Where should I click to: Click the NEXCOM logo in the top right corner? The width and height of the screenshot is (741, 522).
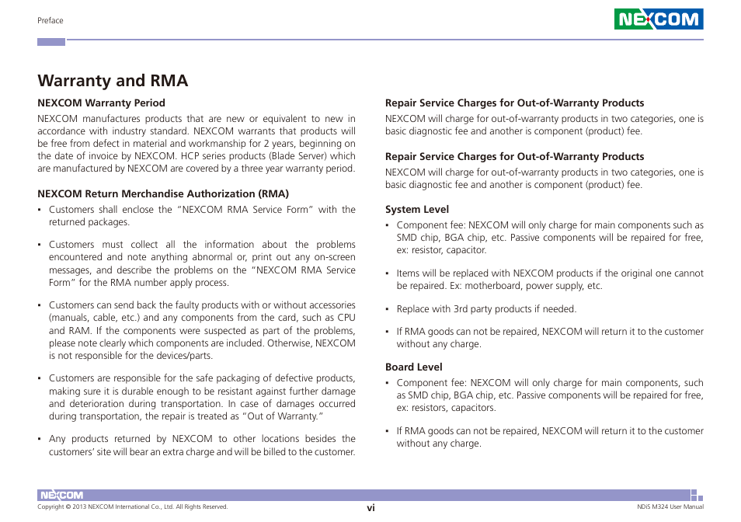coord(659,19)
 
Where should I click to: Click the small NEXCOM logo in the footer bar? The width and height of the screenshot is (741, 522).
coord(61,496)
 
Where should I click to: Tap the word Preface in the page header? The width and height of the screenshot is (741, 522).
coord(50,20)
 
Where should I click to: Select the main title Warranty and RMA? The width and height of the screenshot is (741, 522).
coord(113,81)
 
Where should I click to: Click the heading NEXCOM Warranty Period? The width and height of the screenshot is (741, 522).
coord(101,103)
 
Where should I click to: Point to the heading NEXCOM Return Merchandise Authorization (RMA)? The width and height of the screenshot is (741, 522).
coord(163,193)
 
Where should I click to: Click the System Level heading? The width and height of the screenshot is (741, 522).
coord(417,209)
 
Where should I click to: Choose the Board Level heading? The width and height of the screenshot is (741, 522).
coord(414,367)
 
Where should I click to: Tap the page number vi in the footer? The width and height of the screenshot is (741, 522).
coord(371,507)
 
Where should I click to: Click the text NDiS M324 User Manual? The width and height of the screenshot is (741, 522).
coord(665,507)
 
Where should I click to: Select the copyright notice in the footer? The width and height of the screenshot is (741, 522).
coord(133,507)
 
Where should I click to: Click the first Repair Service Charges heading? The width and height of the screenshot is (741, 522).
coord(514,103)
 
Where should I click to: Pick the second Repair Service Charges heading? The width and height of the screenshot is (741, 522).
coord(514,156)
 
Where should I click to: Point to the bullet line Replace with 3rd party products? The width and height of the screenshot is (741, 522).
coord(486,309)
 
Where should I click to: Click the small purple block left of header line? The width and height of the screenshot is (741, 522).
coord(51,41)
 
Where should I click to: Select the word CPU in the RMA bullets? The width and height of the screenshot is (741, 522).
coord(346,318)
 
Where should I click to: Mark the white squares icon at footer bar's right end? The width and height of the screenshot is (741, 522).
coord(697,496)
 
